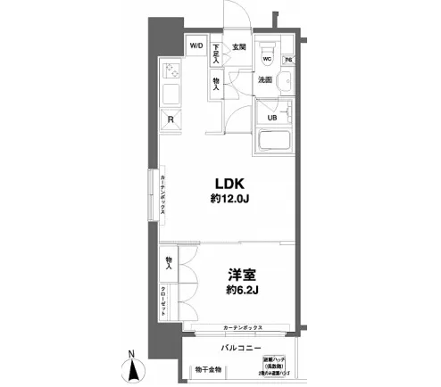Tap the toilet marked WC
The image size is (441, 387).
(x=265, y=55)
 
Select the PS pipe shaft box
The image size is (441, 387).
(x=288, y=60)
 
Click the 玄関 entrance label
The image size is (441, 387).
(x=239, y=45)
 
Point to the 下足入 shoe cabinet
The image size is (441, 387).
(x=217, y=54)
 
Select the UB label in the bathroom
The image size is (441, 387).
(x=272, y=117)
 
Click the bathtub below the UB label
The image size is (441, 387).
(x=277, y=142)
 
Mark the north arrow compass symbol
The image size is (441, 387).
(x=134, y=368)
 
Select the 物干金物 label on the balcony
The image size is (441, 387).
(x=207, y=369)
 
